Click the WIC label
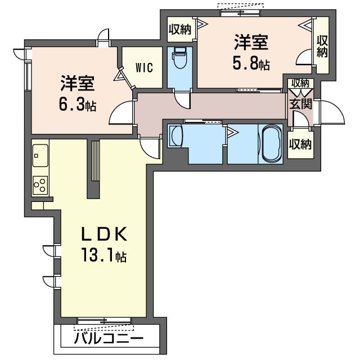point(144,67)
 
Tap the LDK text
point(105,234)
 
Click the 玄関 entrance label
point(300,103)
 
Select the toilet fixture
point(180,58)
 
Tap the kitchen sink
point(40,155)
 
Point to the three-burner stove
point(40,185)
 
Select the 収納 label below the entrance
point(300,145)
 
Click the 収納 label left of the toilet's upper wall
point(180,29)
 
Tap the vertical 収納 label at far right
point(322,47)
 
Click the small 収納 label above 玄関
point(300,83)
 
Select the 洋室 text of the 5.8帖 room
point(251,42)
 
